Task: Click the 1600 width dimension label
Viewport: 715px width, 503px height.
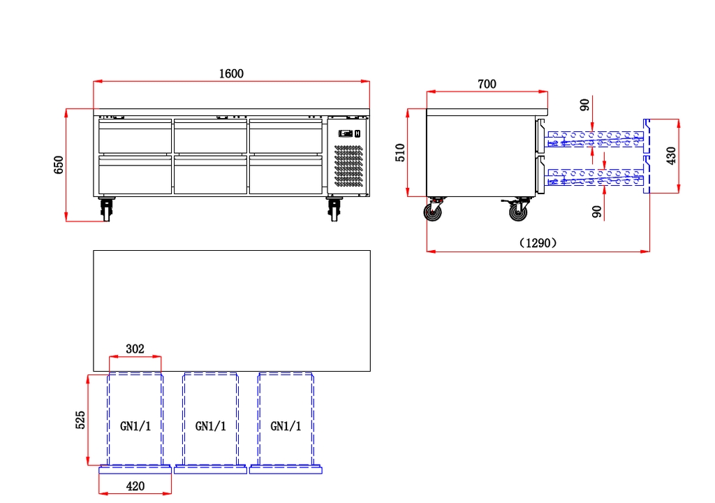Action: (231, 73)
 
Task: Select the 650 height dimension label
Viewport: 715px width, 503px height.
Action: (59, 165)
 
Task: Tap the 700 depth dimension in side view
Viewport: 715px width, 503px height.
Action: (487, 84)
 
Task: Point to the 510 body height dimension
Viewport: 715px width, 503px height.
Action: (400, 152)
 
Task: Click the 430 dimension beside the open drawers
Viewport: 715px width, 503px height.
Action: (671, 156)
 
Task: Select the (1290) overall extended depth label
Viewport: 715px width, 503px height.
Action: (538, 243)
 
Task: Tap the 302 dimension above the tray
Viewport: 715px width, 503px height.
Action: (135, 349)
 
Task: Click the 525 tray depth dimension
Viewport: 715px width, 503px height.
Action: (80, 420)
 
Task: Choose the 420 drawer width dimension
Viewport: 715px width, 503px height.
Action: (135, 486)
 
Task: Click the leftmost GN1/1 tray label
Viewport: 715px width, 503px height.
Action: (135, 426)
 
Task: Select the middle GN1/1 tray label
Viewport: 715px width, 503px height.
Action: (211, 426)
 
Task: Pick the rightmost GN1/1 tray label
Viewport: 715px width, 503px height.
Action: (286, 426)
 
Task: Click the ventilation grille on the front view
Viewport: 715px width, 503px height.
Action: (349, 166)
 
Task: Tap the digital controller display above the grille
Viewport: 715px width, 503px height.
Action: (346, 133)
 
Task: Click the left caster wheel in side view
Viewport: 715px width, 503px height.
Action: (433, 211)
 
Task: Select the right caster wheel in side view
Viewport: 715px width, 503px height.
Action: (517, 210)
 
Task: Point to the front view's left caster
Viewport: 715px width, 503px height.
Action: (107, 209)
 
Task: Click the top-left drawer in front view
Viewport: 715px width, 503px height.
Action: (135, 136)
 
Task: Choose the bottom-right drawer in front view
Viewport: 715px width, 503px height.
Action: (286, 175)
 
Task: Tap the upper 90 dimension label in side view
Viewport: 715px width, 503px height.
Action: (584, 105)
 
